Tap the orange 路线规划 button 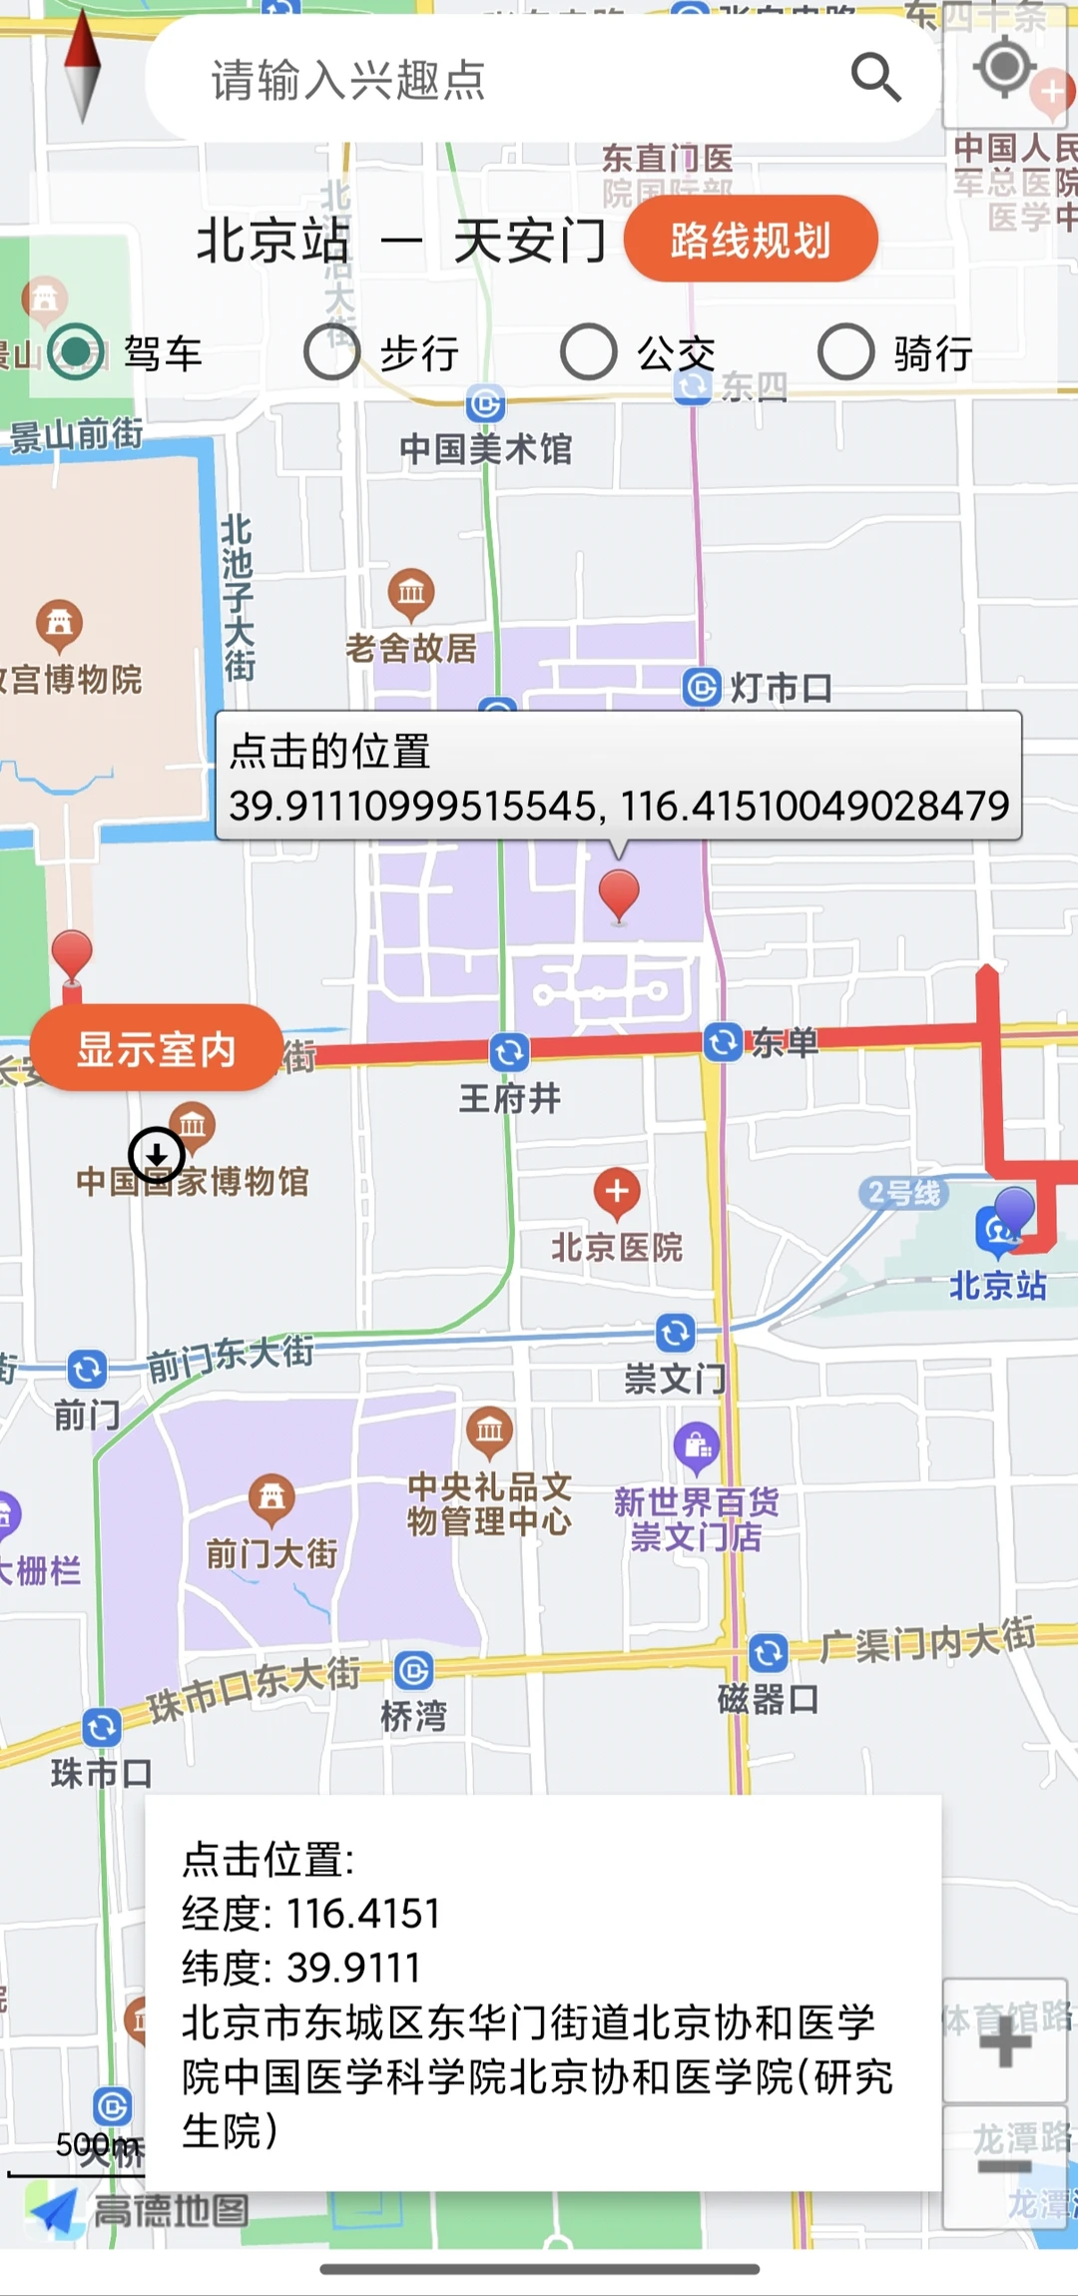coord(751,239)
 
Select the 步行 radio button coord(331,351)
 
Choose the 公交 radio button coord(588,351)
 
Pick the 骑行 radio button coord(845,351)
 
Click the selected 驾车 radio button coord(76,351)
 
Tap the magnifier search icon coord(875,77)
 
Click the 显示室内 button coord(156,1048)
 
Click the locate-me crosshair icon coord(1004,68)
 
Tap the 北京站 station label coord(997,1285)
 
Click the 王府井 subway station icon coord(509,1051)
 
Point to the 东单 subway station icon coord(723,1043)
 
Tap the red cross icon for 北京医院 coord(617,1192)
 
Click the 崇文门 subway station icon coord(676,1333)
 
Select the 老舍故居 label coord(411,648)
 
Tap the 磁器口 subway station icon coord(768,1653)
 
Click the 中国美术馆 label coord(486,449)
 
